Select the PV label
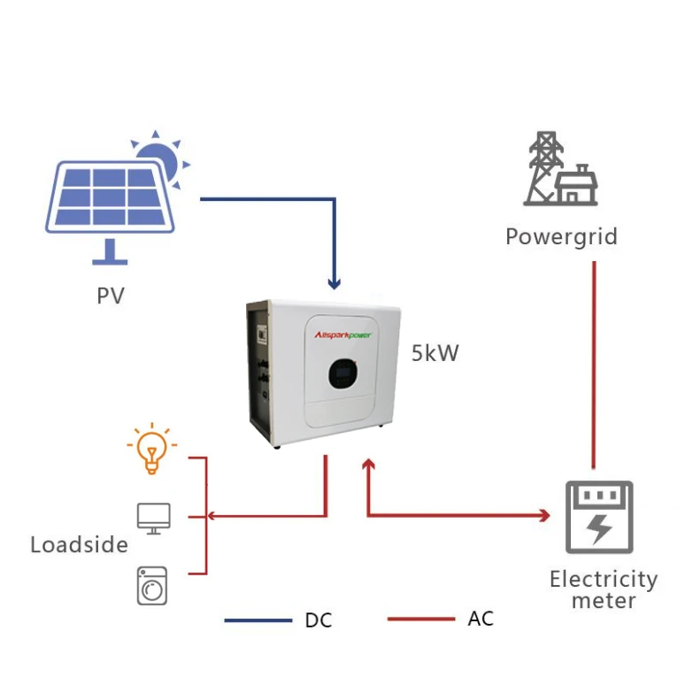[x=111, y=294]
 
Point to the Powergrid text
[x=561, y=237]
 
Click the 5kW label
[x=435, y=354]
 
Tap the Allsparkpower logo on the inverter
[x=346, y=335]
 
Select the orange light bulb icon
[x=151, y=450]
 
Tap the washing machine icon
[x=152, y=585]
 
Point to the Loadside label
[x=79, y=544]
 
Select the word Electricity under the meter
[x=603, y=580]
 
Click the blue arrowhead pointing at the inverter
[x=334, y=284]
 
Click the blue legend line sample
[x=258, y=620]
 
